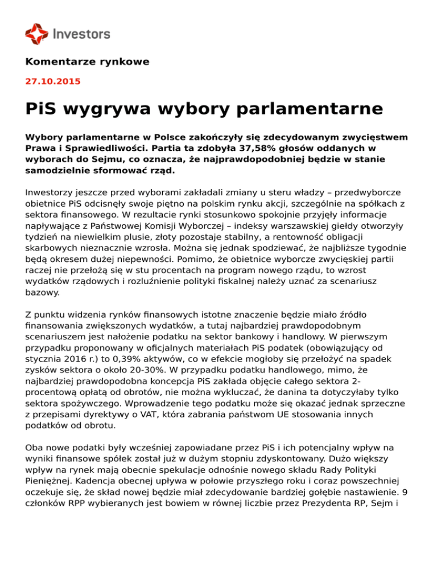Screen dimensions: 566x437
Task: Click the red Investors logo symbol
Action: (37, 34)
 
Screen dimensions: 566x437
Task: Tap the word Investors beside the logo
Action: (81, 34)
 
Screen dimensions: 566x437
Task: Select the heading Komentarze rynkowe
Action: (87, 61)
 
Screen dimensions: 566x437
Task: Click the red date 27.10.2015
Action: (53, 81)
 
